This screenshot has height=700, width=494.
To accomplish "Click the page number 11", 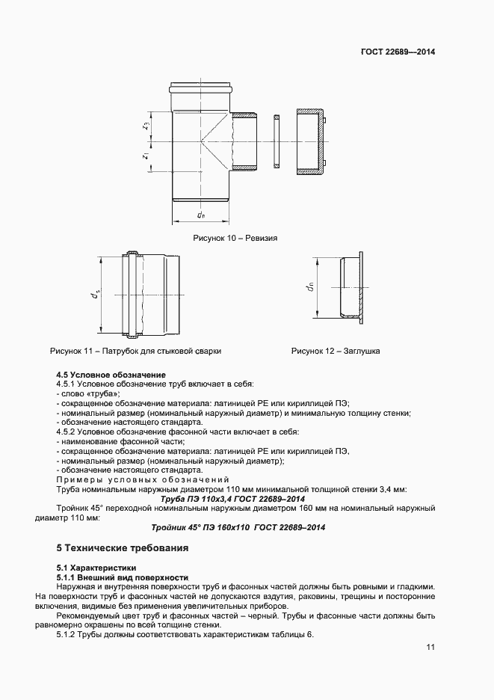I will pyautogui.click(x=430, y=648).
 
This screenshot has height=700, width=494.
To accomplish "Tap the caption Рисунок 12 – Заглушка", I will pyautogui.click(x=336, y=350).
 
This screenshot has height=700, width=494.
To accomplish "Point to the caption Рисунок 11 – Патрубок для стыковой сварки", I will pyautogui.click(x=135, y=350).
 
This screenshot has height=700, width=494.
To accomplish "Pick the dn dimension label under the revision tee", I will pyautogui.click(x=201, y=215).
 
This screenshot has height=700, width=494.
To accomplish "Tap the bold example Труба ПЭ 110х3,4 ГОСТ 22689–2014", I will pyautogui.click(x=235, y=499).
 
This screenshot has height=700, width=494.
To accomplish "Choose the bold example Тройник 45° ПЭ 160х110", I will pyautogui.click(x=238, y=526).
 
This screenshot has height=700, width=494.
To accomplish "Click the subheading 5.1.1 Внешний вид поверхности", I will pyautogui.click(x=123, y=577).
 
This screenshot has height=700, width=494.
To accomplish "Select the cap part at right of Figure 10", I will pyautogui.click(x=312, y=141).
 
